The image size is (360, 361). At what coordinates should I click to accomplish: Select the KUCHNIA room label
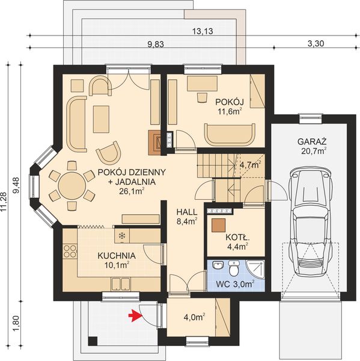[117, 256]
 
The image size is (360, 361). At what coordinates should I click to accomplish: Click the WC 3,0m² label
[235, 283]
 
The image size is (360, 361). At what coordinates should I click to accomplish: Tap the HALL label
[183, 212]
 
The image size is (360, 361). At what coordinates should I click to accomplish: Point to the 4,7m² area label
[250, 163]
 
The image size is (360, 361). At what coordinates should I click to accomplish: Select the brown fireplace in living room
[154, 140]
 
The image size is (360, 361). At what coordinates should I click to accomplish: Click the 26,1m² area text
[127, 191]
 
